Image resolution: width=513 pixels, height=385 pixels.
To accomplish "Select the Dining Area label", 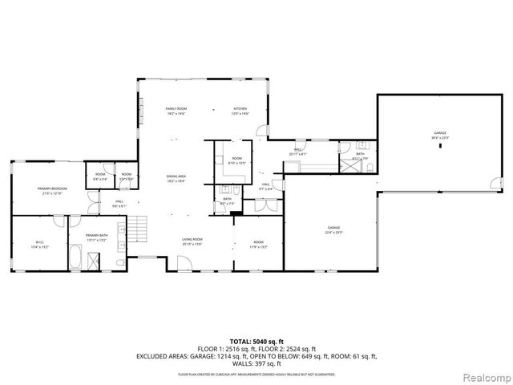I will pyautogui.click(x=176, y=178).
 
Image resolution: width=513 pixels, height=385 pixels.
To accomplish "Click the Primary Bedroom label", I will pyautogui.click(x=52, y=190).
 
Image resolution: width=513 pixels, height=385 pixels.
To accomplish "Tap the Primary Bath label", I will pyautogui.click(x=97, y=237).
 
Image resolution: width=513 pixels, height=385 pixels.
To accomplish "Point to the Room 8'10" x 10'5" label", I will pyautogui.click(x=236, y=160).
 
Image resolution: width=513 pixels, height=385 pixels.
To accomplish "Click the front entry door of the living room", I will pyautogui.click(x=183, y=265).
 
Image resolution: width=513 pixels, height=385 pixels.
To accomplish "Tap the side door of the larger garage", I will pyautogui.click(x=378, y=184).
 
